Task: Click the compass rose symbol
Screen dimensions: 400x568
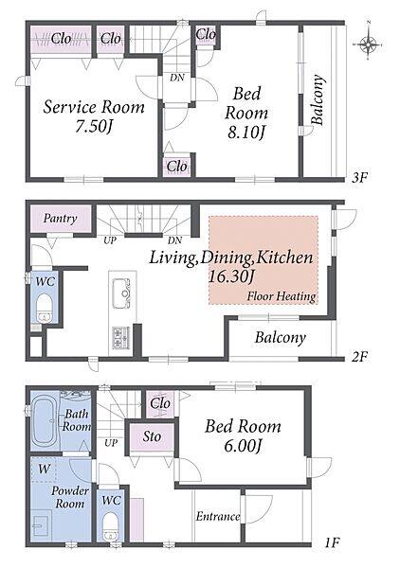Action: pos(368,44)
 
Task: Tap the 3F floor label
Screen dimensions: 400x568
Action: pos(360,178)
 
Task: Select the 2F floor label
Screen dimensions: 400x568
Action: pos(359,357)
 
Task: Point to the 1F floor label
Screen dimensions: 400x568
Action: pos(332,543)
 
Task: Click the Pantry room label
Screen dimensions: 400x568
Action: pos(61,218)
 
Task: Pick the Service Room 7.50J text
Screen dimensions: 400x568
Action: pos(94,115)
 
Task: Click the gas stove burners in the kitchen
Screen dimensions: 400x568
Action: pos(121,337)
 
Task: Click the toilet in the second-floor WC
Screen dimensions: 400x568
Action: pos(45,309)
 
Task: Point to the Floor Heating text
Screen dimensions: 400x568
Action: pos(282,296)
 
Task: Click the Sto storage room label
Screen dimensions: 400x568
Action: pos(152,436)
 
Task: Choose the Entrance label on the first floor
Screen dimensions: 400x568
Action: pos(218,516)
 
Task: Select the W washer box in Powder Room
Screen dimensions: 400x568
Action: pos(44,470)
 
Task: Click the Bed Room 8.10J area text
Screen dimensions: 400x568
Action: pos(246,113)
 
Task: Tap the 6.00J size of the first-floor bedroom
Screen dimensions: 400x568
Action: pos(243,446)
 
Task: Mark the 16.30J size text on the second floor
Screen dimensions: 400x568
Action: pos(231,277)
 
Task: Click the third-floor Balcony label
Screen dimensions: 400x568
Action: pos(317,99)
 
